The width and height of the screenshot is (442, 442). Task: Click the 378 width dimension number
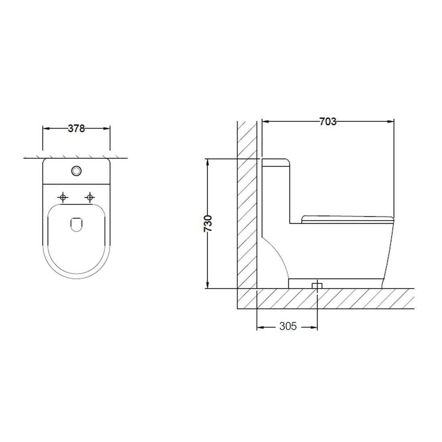pyautogui.click(x=76, y=129)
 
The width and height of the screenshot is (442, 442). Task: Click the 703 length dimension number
pyautogui.click(x=328, y=122)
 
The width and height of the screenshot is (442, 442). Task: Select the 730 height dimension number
pyautogui.click(x=208, y=224)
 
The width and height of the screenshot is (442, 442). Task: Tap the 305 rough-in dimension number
pyautogui.click(x=288, y=326)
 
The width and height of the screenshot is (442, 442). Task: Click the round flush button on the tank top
pyautogui.click(x=76, y=171)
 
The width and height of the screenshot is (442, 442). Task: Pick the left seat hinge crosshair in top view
pyautogui.click(x=63, y=197)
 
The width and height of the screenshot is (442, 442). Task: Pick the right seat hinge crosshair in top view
pyautogui.click(x=90, y=197)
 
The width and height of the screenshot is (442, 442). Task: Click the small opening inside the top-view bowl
pyautogui.click(x=76, y=225)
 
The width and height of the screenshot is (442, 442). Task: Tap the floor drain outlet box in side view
pyautogui.click(x=317, y=286)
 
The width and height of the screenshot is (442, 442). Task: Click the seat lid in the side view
pyautogui.click(x=347, y=219)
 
